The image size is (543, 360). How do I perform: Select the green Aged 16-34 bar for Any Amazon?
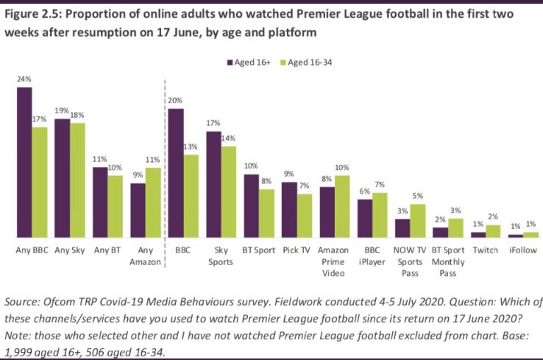pos(153,202)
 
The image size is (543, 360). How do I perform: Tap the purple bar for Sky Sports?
pos(214,184)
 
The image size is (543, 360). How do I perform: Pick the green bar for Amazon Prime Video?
pos(341,206)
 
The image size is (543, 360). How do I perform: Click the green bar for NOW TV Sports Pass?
pos(417,220)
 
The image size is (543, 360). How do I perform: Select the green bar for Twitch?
pos(492,230)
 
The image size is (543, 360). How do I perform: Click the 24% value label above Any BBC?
pos(24,79)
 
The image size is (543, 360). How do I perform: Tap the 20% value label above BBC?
pos(176,100)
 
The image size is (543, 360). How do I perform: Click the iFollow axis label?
pos(522,250)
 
